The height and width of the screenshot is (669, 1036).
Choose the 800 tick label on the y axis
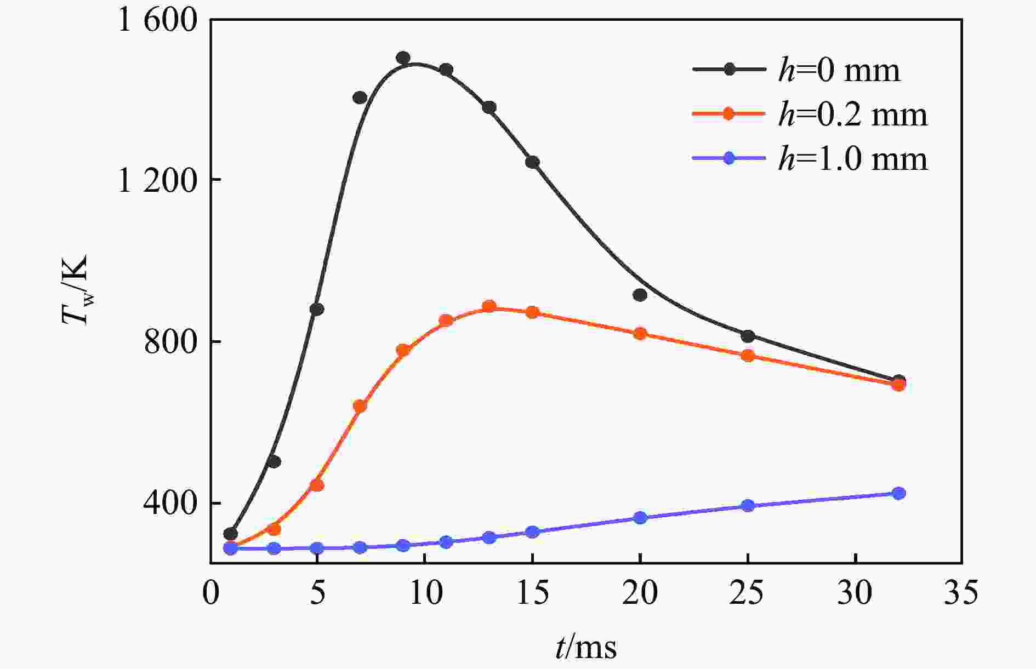(x=170, y=342)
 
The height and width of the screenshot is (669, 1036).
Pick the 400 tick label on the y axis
(x=170, y=503)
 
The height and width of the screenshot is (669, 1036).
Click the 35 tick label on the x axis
(x=960, y=593)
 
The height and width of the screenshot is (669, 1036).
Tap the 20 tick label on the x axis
(x=640, y=593)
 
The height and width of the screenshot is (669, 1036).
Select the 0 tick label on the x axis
(x=211, y=593)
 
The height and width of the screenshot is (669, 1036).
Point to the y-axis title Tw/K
(x=76, y=290)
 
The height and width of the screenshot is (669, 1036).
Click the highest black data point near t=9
(x=403, y=58)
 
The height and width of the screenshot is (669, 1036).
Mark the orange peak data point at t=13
(x=489, y=306)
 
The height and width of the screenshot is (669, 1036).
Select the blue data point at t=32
(x=898, y=493)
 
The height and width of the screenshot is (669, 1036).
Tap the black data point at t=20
(x=640, y=295)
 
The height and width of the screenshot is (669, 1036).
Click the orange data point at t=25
(x=748, y=356)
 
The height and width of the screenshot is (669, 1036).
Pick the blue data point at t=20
(x=640, y=518)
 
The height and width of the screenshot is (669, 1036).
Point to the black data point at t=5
(x=317, y=309)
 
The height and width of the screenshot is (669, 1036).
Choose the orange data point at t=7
(x=360, y=406)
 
